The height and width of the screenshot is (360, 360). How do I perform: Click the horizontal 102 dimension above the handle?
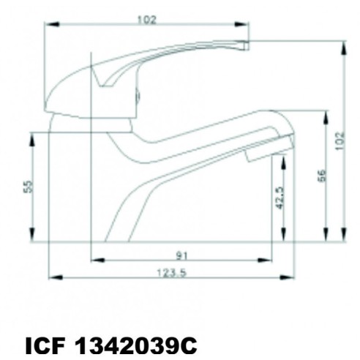tap(146, 19)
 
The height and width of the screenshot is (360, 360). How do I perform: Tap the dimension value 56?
tap(321, 176)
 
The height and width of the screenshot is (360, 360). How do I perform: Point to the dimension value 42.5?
tap(279, 197)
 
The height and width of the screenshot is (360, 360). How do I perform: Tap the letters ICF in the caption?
tap(45, 344)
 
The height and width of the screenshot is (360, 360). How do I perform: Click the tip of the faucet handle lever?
tap(246, 45)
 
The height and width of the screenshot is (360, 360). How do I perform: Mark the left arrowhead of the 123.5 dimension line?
tap(51, 278)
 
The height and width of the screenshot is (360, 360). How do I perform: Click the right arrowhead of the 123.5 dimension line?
tap(291, 278)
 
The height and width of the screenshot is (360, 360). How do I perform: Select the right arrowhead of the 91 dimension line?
tap(269, 260)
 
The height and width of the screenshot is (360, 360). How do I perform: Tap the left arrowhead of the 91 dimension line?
tap(94, 260)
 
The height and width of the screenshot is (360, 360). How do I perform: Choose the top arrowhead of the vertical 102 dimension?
tap(343, 44)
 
